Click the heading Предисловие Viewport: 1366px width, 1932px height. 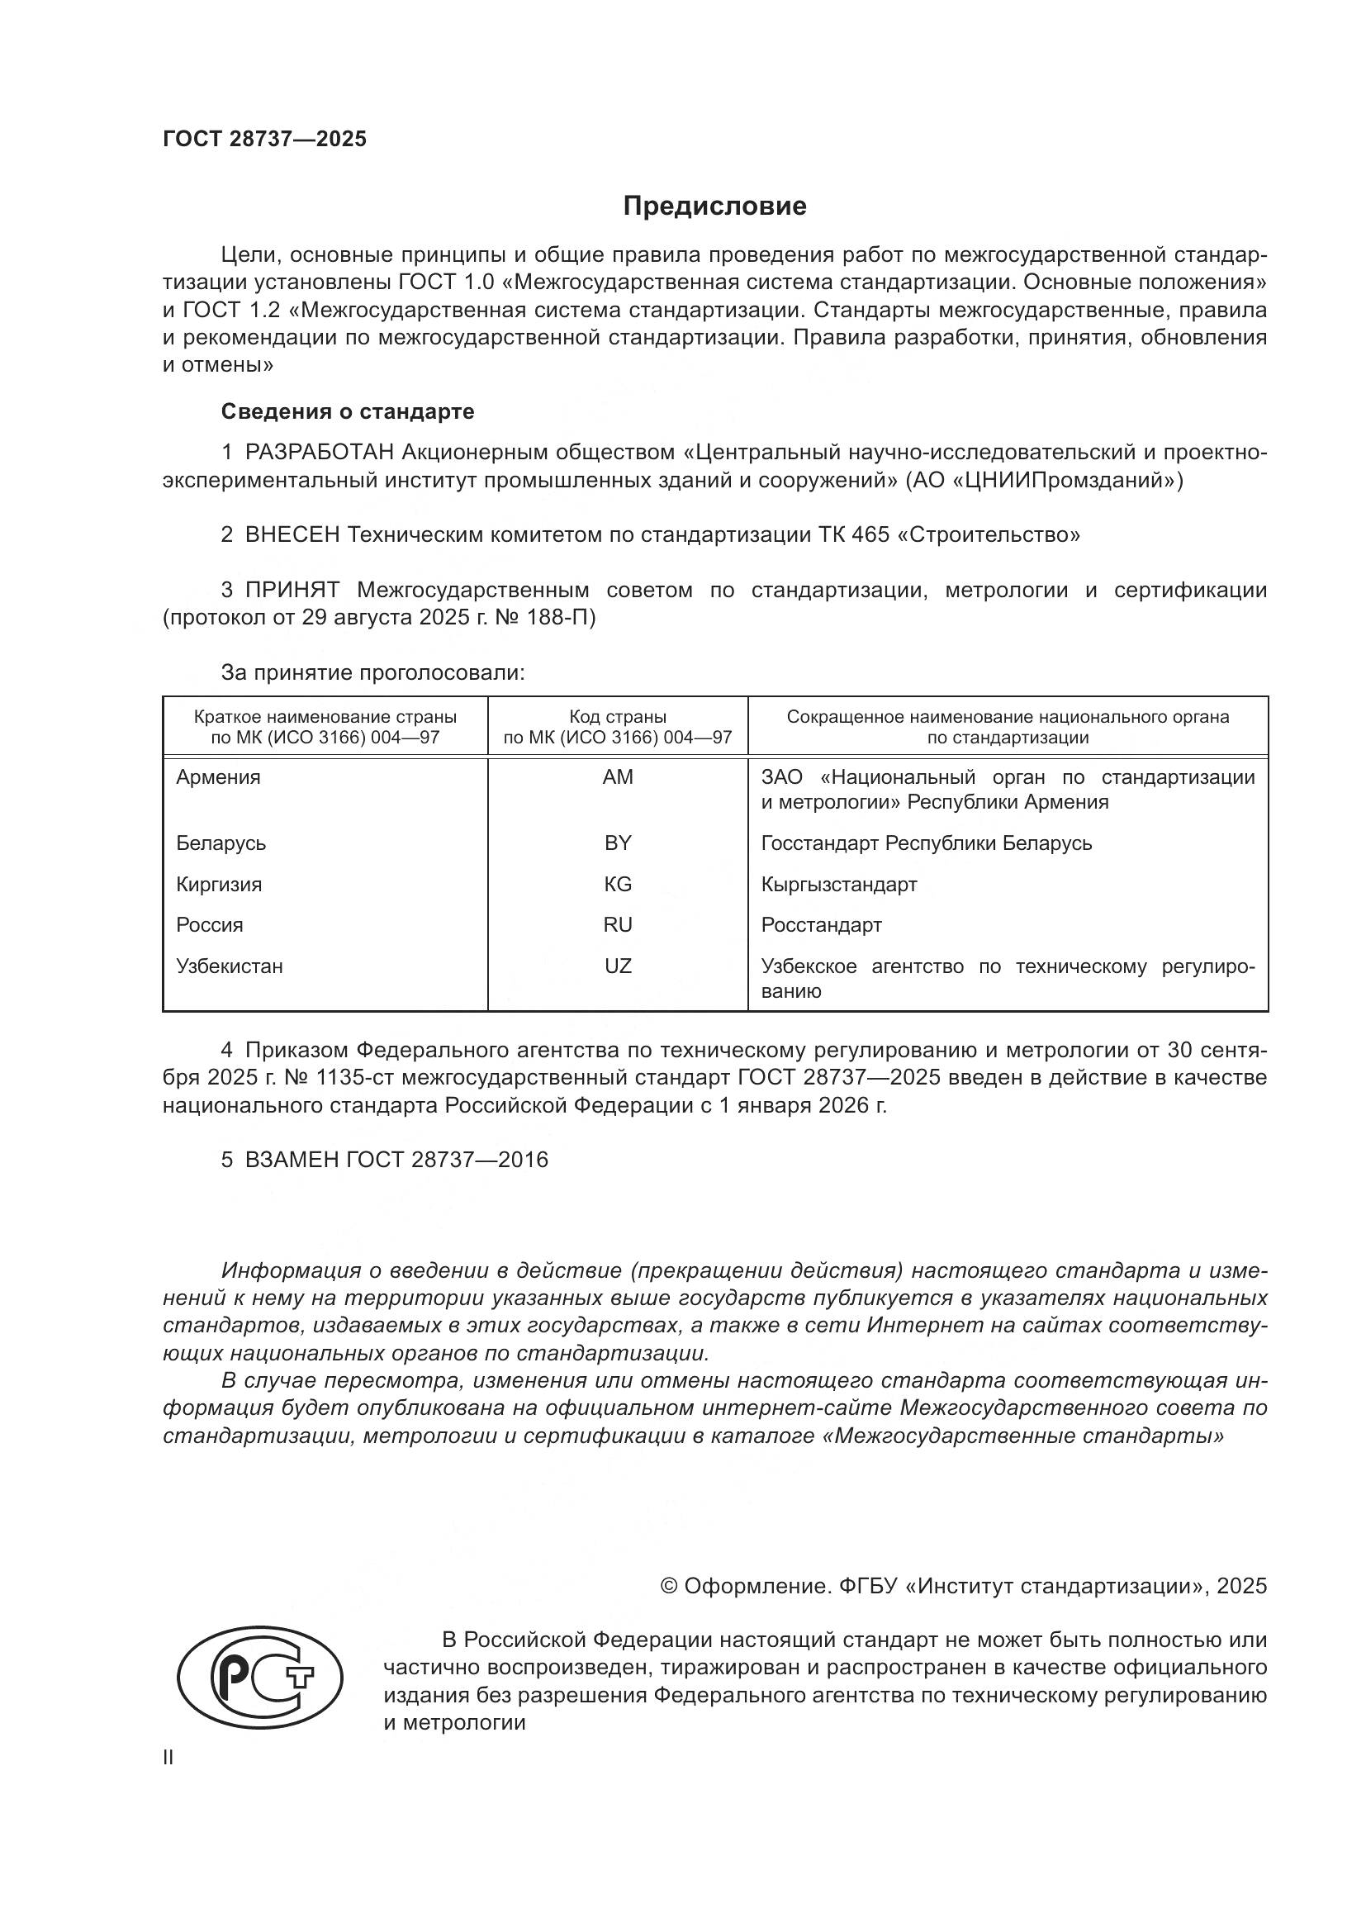click(x=714, y=207)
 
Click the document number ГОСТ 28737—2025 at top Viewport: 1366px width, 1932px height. click(x=265, y=139)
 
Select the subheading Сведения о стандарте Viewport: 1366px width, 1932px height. click(x=348, y=411)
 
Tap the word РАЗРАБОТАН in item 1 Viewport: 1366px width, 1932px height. click(x=320, y=453)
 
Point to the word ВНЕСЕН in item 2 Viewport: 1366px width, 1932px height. click(x=292, y=534)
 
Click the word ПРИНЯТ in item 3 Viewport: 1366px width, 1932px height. click(x=292, y=590)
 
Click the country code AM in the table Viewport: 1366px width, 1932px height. click(x=618, y=777)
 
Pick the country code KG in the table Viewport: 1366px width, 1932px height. click(x=618, y=885)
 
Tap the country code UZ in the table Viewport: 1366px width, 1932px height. click(x=618, y=966)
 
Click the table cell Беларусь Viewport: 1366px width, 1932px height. click(x=221, y=843)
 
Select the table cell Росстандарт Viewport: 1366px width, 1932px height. click(x=821, y=925)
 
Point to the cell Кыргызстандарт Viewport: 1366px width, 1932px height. click(x=838, y=885)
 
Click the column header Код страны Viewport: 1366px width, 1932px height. click(x=618, y=717)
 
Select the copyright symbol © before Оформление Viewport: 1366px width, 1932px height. click(x=669, y=1586)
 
